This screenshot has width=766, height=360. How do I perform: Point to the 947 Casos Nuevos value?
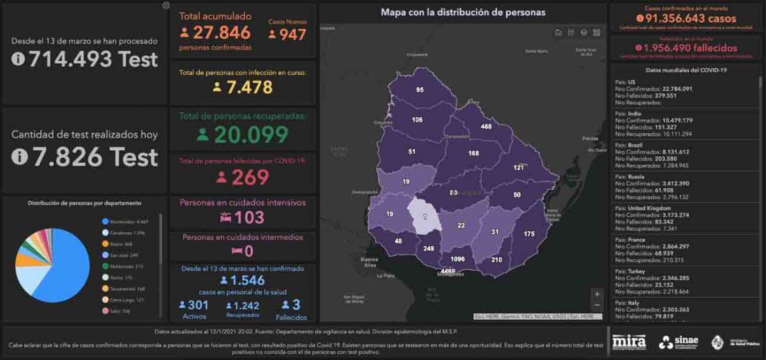292,34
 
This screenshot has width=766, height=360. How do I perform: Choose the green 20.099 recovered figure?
251,134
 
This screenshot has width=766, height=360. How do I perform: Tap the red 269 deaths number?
250,177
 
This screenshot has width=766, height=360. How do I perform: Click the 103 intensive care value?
249,218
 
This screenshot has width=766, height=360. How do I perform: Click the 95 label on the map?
419,90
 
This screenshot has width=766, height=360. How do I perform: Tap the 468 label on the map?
486,127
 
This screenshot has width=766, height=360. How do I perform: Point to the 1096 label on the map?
456,260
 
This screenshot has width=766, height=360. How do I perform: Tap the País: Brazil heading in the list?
627,145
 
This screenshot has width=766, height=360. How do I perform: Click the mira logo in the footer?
629,342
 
